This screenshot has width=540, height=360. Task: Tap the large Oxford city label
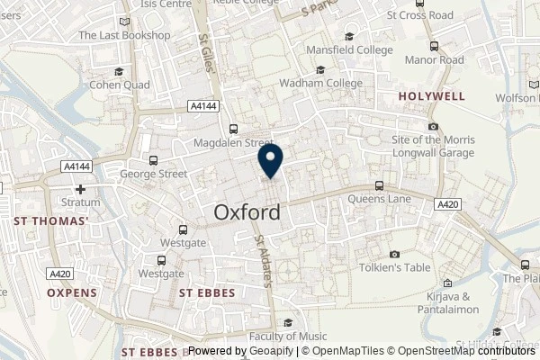coord(247,212)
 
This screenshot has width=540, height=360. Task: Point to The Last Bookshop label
coord(124,35)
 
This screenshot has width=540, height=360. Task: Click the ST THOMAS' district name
coord(50,220)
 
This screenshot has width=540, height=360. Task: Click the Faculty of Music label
coord(288,336)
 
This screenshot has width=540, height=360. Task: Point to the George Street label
coord(154,174)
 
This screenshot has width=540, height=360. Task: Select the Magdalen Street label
coord(233,142)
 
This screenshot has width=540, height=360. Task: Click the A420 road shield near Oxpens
coord(61,274)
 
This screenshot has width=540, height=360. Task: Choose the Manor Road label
coord(434,60)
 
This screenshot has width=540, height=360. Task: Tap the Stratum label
coord(81,202)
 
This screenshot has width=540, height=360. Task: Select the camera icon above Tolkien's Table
coord(395,254)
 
